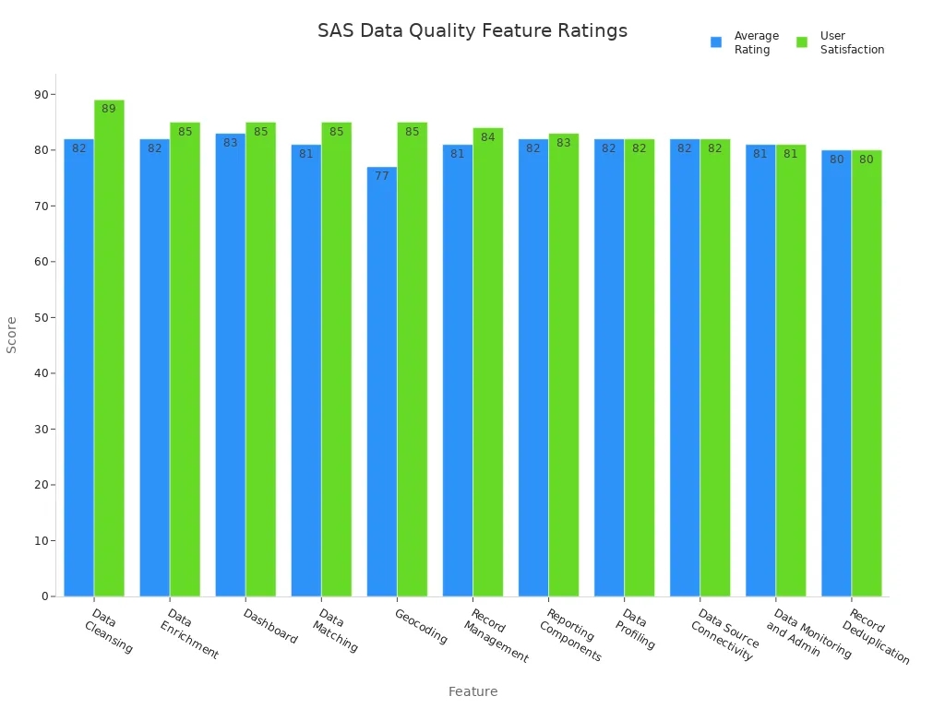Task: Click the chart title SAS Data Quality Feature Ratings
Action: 472,30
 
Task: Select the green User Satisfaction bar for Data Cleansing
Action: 109,350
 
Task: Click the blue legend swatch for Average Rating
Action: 716,42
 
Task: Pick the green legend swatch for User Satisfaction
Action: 802,42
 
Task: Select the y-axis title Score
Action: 12,335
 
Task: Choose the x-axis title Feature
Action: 472,691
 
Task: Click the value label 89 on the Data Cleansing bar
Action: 109,109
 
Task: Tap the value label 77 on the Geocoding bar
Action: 381,176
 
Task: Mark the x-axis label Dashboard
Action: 270,626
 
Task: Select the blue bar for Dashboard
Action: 230,369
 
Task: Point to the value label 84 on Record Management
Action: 488,137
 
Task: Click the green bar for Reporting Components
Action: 564,369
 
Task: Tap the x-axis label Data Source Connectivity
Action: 724,634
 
